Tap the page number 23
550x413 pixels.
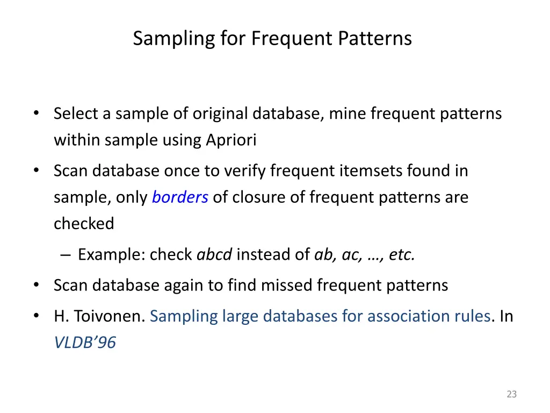511,394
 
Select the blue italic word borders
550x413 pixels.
180,197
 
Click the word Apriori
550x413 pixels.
231,140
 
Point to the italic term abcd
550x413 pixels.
214,254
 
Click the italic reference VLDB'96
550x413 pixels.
85,343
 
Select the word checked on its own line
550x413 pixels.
84,224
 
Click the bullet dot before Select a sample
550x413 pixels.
36,113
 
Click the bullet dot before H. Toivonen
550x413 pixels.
36,316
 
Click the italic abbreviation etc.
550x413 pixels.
401,254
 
